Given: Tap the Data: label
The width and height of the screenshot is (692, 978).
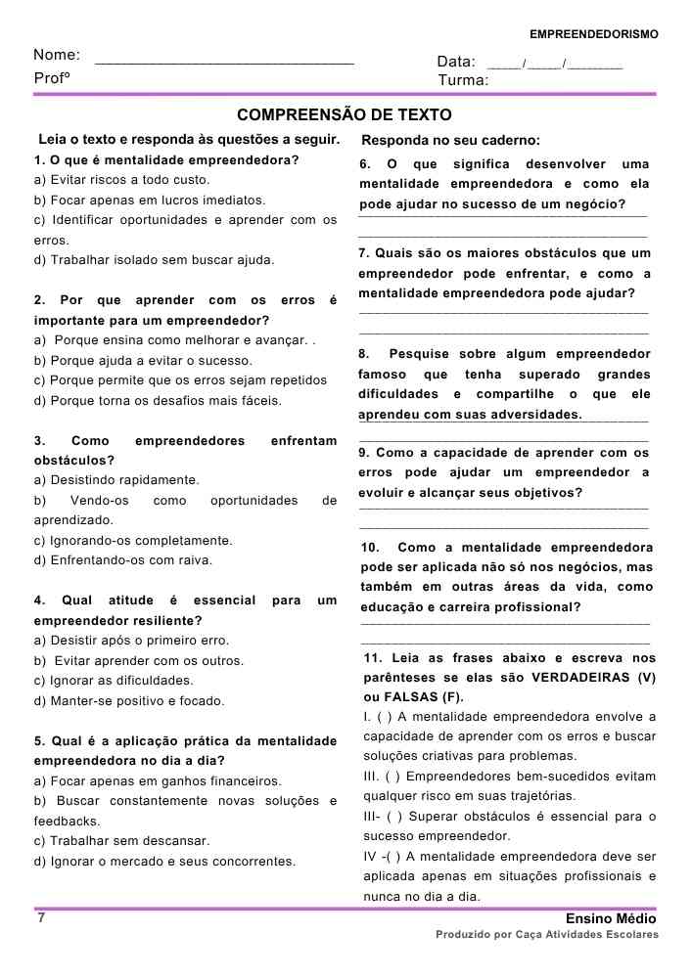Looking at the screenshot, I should (456, 62).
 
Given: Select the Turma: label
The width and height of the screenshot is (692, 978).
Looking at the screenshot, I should (463, 80).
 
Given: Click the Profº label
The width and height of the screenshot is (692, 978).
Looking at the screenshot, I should (51, 78).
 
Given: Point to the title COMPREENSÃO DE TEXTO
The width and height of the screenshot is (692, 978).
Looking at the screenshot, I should (345, 115).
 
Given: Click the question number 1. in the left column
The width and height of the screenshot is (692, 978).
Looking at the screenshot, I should (40, 159).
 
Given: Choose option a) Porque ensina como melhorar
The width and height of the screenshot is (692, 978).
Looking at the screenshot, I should (172, 340).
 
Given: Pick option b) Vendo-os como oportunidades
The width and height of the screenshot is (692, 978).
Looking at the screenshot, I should (185, 501).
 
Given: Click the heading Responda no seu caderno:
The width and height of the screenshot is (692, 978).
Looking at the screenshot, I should (450, 140).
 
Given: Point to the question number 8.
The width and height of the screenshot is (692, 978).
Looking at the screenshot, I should (364, 354).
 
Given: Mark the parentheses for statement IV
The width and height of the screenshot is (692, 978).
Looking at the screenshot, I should (388, 857).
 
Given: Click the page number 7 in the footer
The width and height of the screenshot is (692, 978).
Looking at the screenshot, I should (41, 918).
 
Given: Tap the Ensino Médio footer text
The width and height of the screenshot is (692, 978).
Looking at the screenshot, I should (611, 919).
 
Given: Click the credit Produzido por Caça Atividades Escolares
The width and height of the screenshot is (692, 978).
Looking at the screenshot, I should (547, 935).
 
